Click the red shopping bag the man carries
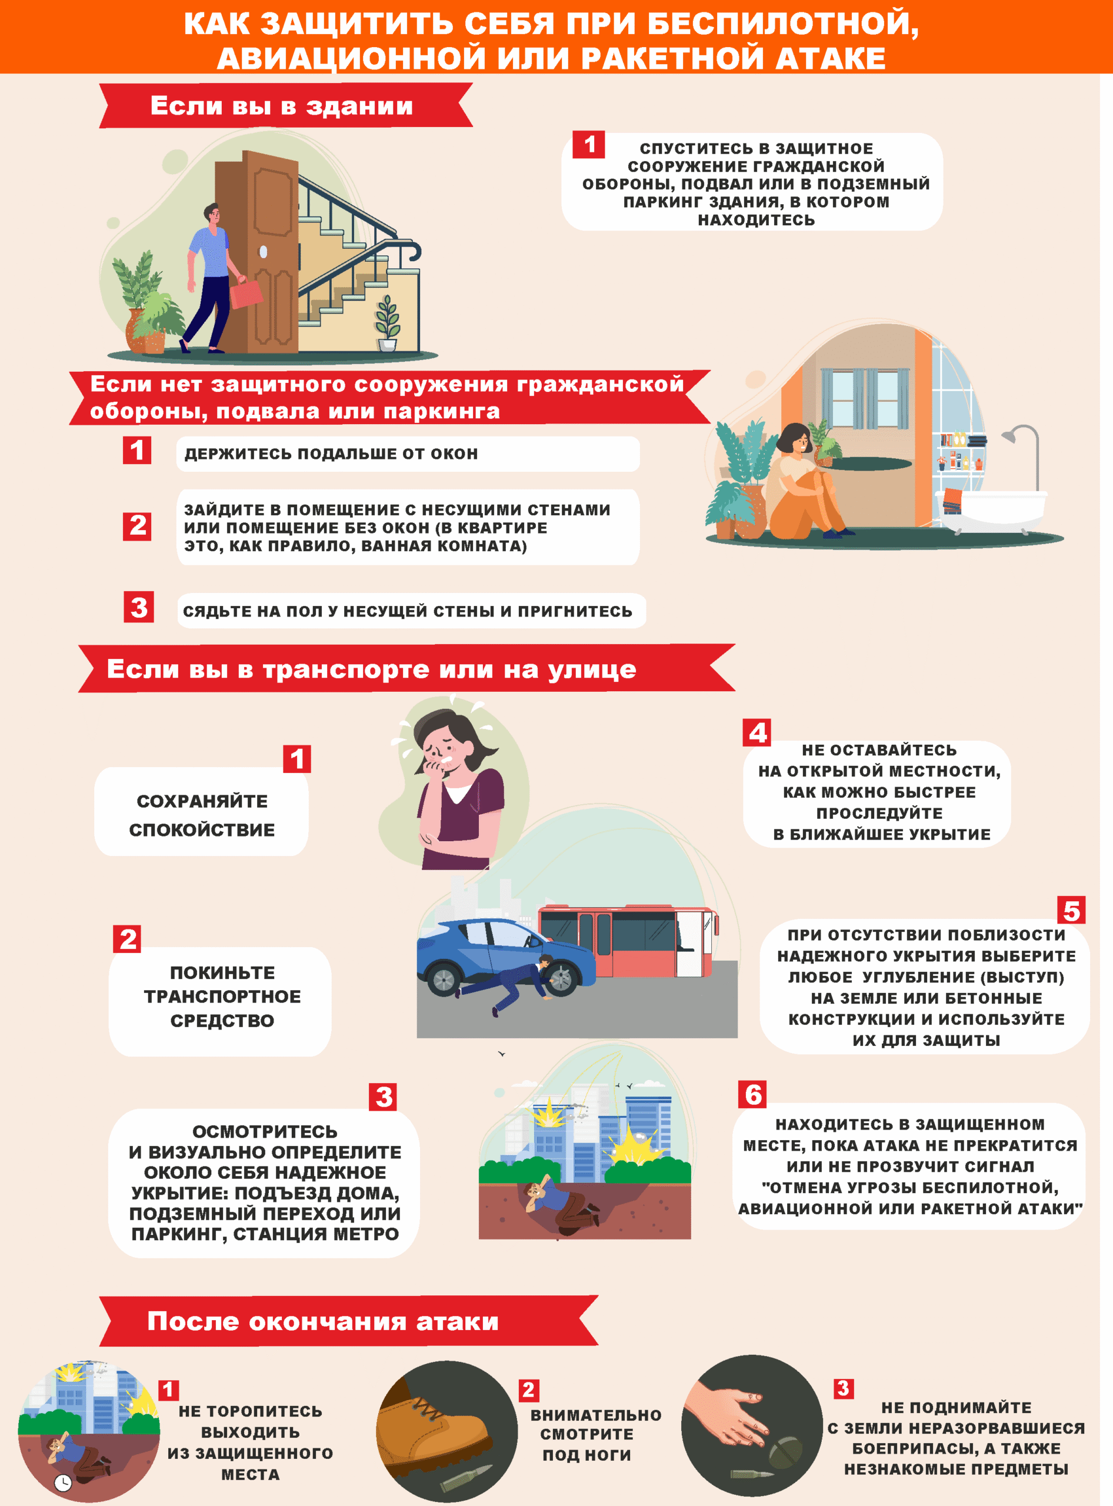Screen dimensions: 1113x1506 coord(246,293)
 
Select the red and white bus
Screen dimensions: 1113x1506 coord(628,940)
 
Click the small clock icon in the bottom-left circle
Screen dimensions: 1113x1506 coord(63,1482)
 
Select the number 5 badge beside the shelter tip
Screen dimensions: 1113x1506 coord(1071,910)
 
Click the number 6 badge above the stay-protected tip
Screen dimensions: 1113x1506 coord(752,1094)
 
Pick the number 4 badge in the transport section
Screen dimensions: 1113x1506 coord(757,732)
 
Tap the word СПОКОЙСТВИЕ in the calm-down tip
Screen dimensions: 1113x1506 coord(202,829)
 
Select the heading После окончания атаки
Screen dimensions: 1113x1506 coord(323,1321)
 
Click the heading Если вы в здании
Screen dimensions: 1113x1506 coord(282,106)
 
